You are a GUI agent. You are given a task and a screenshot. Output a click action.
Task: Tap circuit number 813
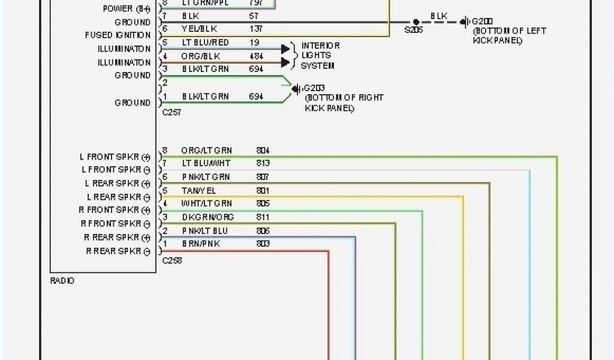(x=263, y=164)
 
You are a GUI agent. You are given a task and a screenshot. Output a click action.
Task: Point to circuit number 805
(x=263, y=204)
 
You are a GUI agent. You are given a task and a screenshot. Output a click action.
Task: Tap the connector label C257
(x=171, y=112)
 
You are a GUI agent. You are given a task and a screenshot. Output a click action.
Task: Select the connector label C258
(x=171, y=261)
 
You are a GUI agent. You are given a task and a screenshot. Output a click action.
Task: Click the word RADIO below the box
(x=62, y=281)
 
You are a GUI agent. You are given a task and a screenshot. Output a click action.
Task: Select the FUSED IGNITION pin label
(x=118, y=35)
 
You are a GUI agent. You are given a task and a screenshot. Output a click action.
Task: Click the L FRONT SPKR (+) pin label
(x=114, y=157)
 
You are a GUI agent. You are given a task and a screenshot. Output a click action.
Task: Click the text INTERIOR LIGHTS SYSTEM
(x=320, y=55)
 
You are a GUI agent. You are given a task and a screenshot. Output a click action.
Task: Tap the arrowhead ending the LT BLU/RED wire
(x=285, y=49)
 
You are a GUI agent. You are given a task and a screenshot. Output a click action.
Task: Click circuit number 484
(x=256, y=56)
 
